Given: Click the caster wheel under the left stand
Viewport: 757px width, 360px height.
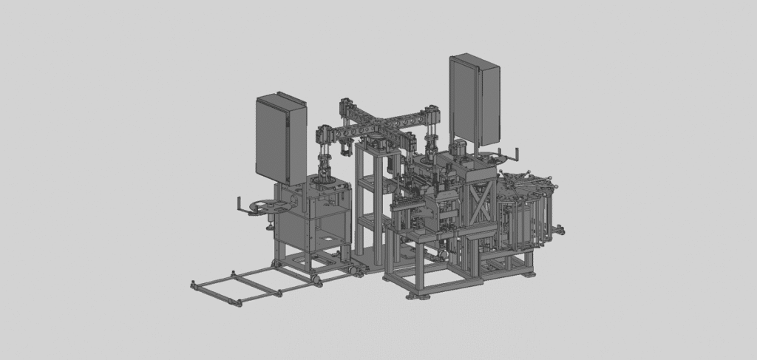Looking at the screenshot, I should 316,279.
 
